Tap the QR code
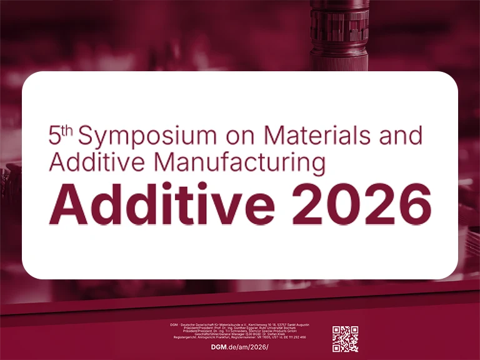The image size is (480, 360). (x=345, y=339)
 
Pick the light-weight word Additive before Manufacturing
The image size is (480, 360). (x=97, y=162)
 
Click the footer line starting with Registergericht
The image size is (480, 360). (x=239, y=337)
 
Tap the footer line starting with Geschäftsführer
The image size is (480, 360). (x=239, y=334)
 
